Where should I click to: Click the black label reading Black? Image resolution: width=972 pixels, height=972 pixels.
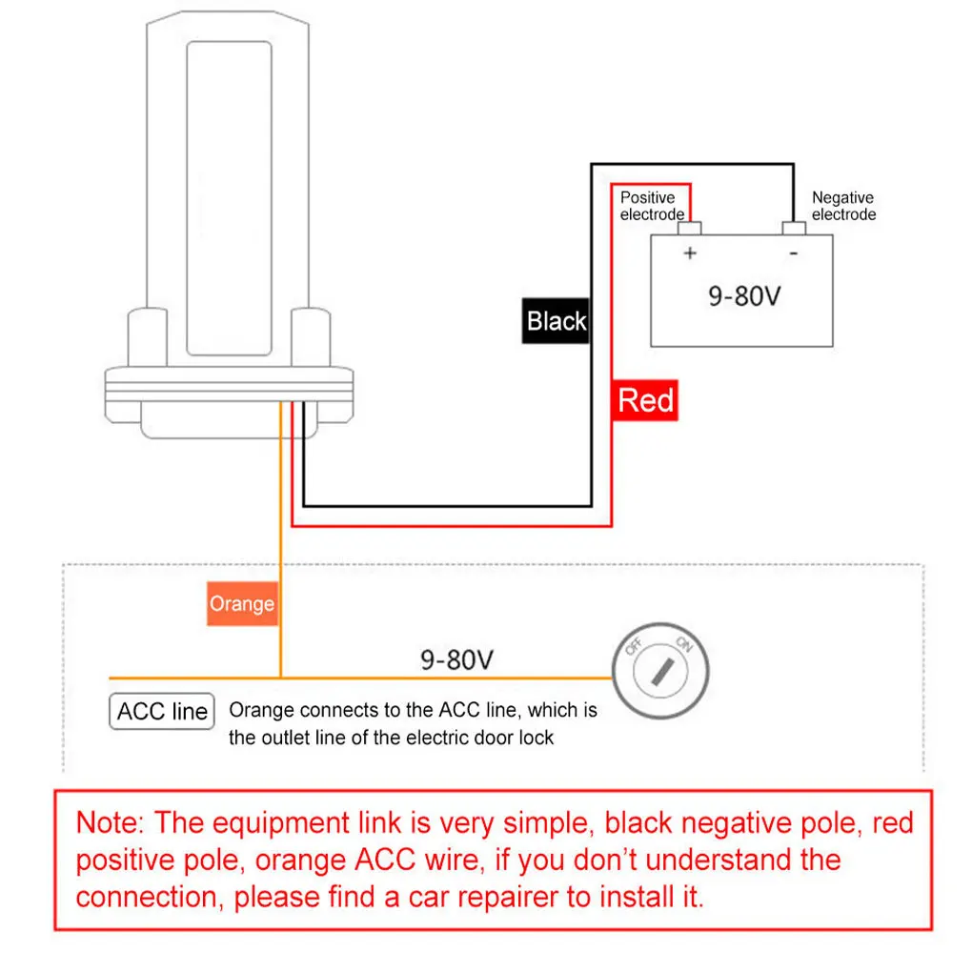(557, 321)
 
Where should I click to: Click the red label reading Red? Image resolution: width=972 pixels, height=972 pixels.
(645, 400)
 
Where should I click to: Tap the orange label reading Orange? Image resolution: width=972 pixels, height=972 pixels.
(242, 604)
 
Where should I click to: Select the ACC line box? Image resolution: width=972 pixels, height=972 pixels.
(162, 712)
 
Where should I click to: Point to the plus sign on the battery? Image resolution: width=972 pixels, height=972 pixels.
(691, 253)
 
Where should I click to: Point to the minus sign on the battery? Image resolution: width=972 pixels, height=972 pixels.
(793, 253)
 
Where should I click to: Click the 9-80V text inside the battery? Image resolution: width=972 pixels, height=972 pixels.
(744, 295)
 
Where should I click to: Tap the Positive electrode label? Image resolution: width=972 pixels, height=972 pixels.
(652, 206)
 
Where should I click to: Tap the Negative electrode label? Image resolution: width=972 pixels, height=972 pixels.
(843, 206)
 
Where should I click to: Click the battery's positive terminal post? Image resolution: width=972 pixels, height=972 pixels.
(690, 229)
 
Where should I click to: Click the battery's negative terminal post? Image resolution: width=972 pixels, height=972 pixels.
(794, 229)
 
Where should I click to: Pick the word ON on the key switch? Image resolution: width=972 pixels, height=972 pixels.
(683, 644)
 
